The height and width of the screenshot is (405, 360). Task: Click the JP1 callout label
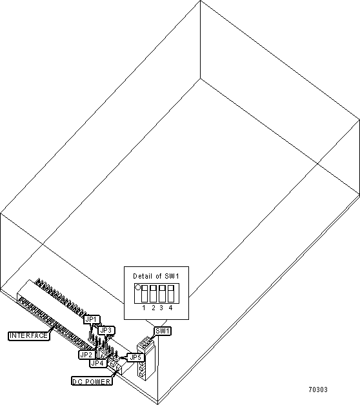click(92, 319)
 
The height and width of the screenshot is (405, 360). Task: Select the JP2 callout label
click(87, 355)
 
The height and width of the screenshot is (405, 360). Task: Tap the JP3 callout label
click(106, 330)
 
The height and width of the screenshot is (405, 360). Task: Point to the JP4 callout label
click(98, 363)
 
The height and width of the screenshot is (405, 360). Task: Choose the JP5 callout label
click(135, 357)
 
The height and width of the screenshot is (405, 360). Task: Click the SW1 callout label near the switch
click(163, 331)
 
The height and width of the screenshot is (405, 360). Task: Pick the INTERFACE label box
click(28, 335)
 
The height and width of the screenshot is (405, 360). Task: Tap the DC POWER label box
click(92, 381)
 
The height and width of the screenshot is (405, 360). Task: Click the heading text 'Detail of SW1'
click(156, 276)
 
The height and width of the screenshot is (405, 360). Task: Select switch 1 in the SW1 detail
click(145, 293)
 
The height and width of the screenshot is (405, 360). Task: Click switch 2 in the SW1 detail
click(153, 293)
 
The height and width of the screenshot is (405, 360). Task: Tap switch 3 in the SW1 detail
click(162, 293)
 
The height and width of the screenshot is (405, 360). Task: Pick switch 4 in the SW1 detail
click(170, 293)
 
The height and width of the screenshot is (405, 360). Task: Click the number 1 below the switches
click(144, 308)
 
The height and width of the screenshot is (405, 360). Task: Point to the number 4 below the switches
click(170, 308)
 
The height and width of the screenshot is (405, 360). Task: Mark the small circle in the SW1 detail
click(138, 287)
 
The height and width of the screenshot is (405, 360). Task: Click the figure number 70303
click(318, 390)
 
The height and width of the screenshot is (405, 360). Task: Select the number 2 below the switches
click(154, 308)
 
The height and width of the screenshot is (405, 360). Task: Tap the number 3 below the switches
click(161, 308)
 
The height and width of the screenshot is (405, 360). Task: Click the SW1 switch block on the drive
click(146, 359)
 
